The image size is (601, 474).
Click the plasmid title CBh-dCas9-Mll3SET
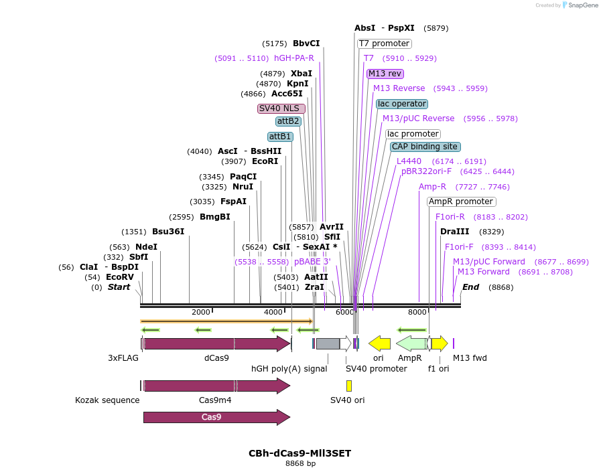coord(299,453)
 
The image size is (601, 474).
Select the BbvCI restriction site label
coord(306,44)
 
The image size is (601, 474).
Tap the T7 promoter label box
coord(384,44)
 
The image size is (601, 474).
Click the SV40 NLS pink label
coord(281,108)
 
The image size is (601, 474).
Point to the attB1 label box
coord(280,137)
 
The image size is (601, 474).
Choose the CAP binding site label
coord(425,147)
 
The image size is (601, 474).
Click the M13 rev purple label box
coord(385,74)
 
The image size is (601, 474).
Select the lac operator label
coord(401,104)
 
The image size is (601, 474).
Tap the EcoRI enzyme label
coord(265,161)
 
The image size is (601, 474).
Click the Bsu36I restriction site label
coord(168,232)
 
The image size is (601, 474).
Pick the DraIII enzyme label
coord(454,232)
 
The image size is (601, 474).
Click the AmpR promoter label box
coord(461,202)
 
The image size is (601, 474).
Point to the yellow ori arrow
coord(380,343)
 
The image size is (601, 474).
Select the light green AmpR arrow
coord(411,343)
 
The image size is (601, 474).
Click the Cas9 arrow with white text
coord(216,417)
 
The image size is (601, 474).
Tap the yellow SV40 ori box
coord(348,386)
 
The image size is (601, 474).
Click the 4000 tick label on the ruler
coord(273,312)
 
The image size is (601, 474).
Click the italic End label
coord(470,287)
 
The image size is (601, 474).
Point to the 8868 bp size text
coord(299,463)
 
